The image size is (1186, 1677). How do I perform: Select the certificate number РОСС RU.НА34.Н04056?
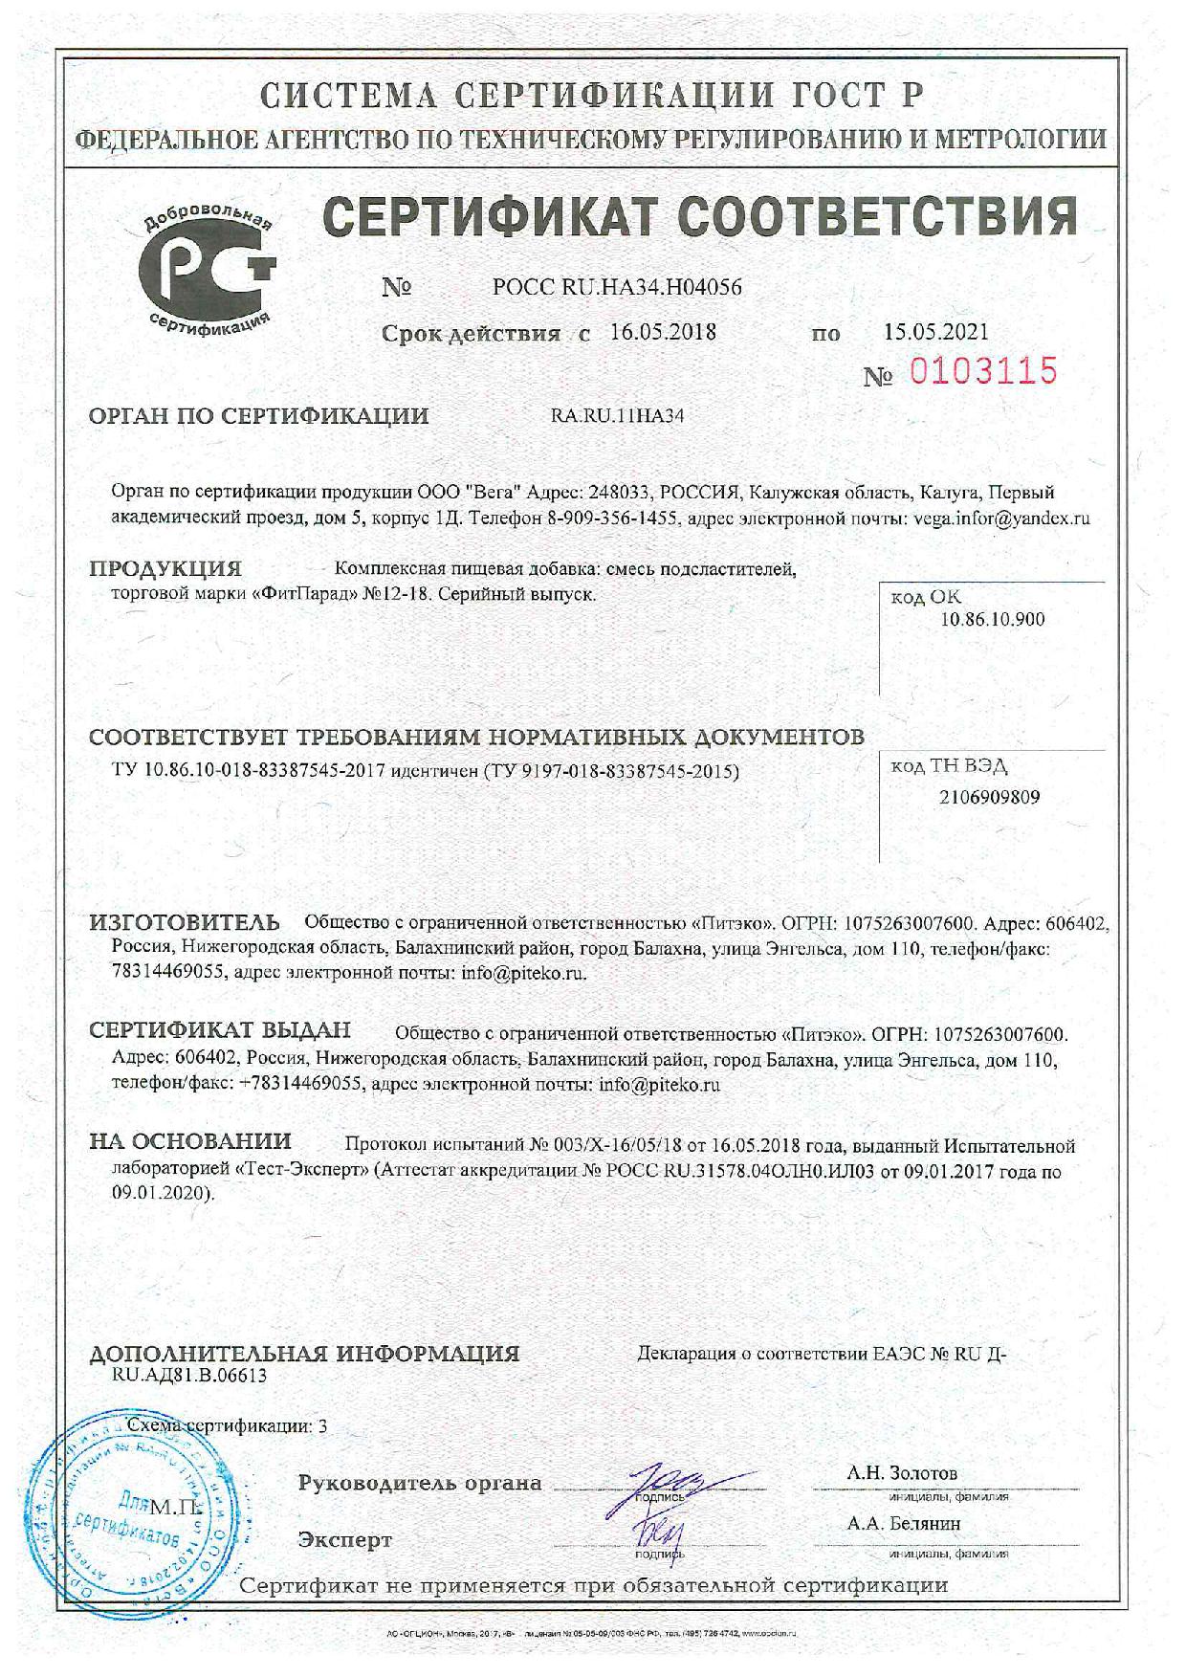pyautogui.click(x=617, y=287)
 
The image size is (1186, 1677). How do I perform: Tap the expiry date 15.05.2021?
pyautogui.click(x=935, y=332)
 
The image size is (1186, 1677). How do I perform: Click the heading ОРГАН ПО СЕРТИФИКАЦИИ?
pyautogui.click(x=258, y=416)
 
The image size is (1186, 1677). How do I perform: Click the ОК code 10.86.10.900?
pyautogui.click(x=992, y=619)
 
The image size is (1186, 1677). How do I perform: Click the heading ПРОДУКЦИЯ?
pyautogui.click(x=165, y=569)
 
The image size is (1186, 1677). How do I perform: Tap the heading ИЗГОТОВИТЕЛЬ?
pyautogui.click(x=185, y=922)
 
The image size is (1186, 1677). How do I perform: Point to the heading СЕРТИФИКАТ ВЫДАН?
pyautogui.click(x=220, y=1030)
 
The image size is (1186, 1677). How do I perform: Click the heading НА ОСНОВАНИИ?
pyautogui.click(x=190, y=1141)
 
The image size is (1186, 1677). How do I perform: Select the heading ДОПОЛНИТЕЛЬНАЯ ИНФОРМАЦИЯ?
pyautogui.click(x=304, y=1354)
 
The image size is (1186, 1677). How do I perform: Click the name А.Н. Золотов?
pyautogui.click(x=901, y=1473)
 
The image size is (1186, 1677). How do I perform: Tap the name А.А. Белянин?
pyautogui.click(x=903, y=1524)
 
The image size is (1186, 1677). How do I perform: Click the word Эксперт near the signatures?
pyautogui.click(x=344, y=1540)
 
